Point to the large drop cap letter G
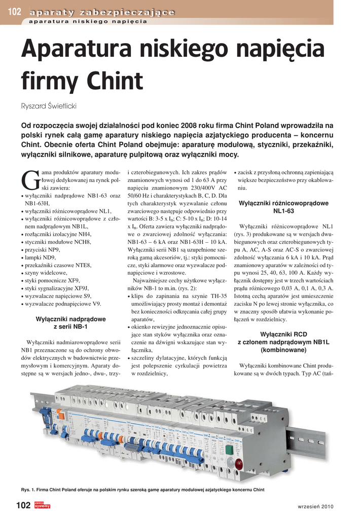coord(30,180)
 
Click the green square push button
coord(229,450)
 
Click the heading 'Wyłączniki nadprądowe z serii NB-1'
coord(70,323)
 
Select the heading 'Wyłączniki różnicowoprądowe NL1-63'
coord(283,207)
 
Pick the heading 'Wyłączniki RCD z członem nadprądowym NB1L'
coord(283,342)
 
